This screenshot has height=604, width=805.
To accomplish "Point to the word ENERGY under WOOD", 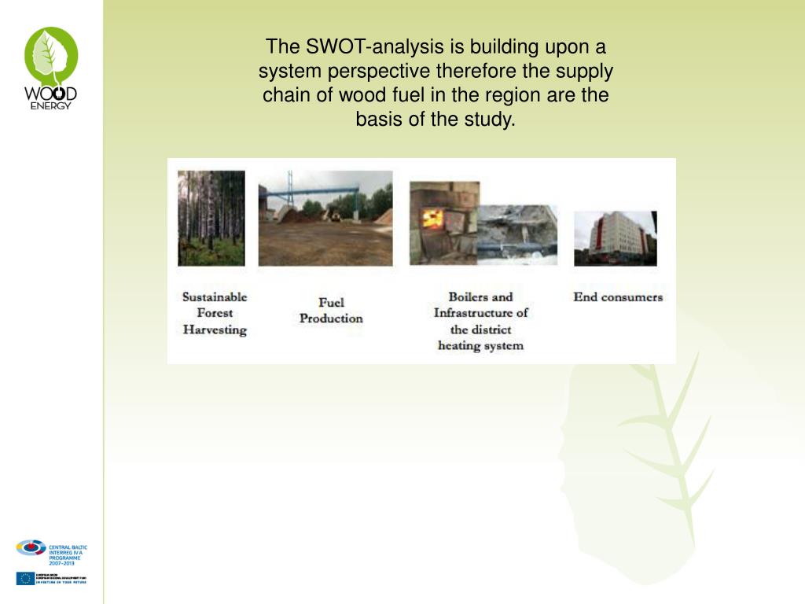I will [51, 105].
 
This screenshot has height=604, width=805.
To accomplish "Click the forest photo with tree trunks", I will [211, 217].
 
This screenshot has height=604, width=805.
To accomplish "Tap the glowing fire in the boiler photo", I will [431, 219].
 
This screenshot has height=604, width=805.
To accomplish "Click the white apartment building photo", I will [615, 238].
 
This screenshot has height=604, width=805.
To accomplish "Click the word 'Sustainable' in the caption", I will [215, 297].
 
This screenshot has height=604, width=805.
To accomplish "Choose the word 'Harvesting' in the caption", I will [215, 330].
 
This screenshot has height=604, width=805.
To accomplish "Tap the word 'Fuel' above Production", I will [331, 302].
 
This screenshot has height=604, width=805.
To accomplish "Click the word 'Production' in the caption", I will [331, 319].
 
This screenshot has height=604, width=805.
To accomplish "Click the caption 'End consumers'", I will [618, 297].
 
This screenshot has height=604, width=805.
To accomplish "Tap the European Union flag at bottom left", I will [24, 578].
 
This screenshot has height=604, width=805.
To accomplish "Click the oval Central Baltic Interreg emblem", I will [31, 547].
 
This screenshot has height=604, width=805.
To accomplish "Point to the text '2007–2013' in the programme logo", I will [61, 564].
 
